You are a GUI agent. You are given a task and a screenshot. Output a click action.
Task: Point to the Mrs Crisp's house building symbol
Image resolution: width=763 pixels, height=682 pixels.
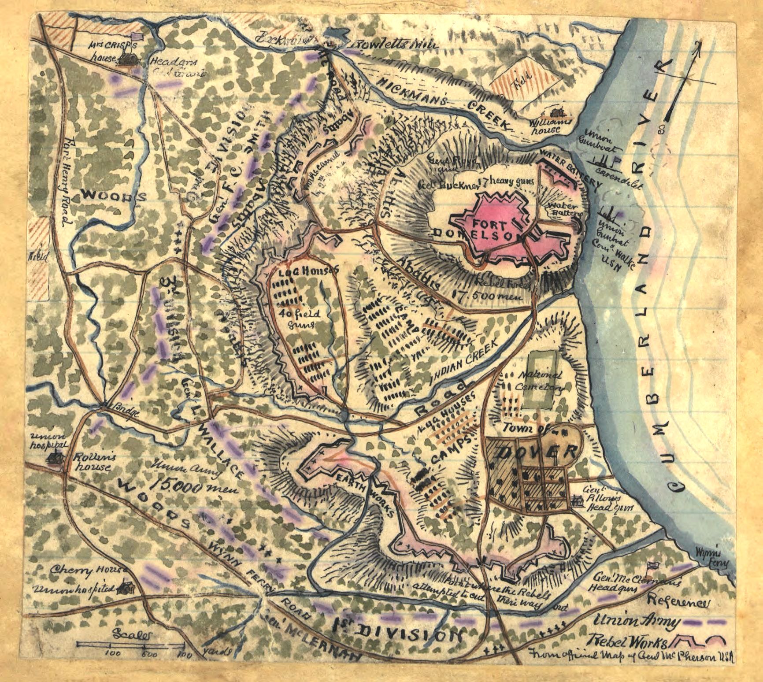(x=127, y=58)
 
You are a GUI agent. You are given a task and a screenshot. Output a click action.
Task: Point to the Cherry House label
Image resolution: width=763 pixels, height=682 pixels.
(x=88, y=571)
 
